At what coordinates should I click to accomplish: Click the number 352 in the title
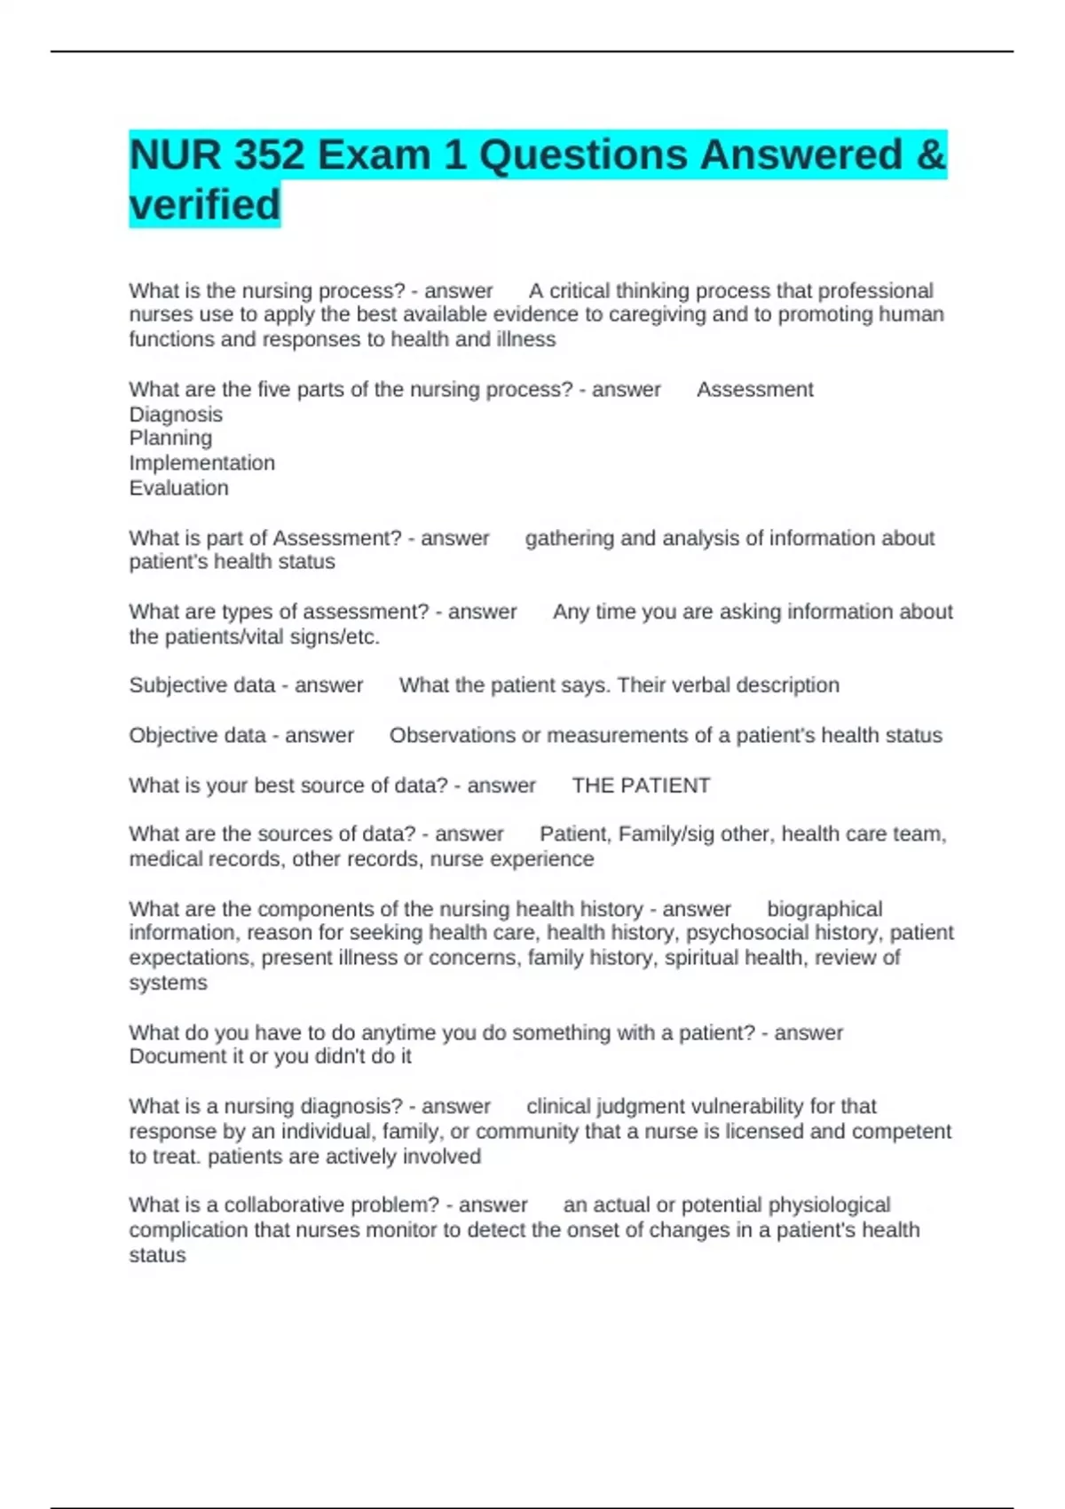[270, 155]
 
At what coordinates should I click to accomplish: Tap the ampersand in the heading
[930, 155]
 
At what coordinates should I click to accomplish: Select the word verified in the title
[205, 205]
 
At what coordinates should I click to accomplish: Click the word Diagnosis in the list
[176, 415]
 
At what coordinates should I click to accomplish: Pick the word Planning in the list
[170, 438]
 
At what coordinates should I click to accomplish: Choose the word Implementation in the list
[201, 463]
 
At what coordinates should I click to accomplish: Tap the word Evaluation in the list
[178, 488]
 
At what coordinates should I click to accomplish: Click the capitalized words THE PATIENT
[641, 786]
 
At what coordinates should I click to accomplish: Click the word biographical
[824, 909]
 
